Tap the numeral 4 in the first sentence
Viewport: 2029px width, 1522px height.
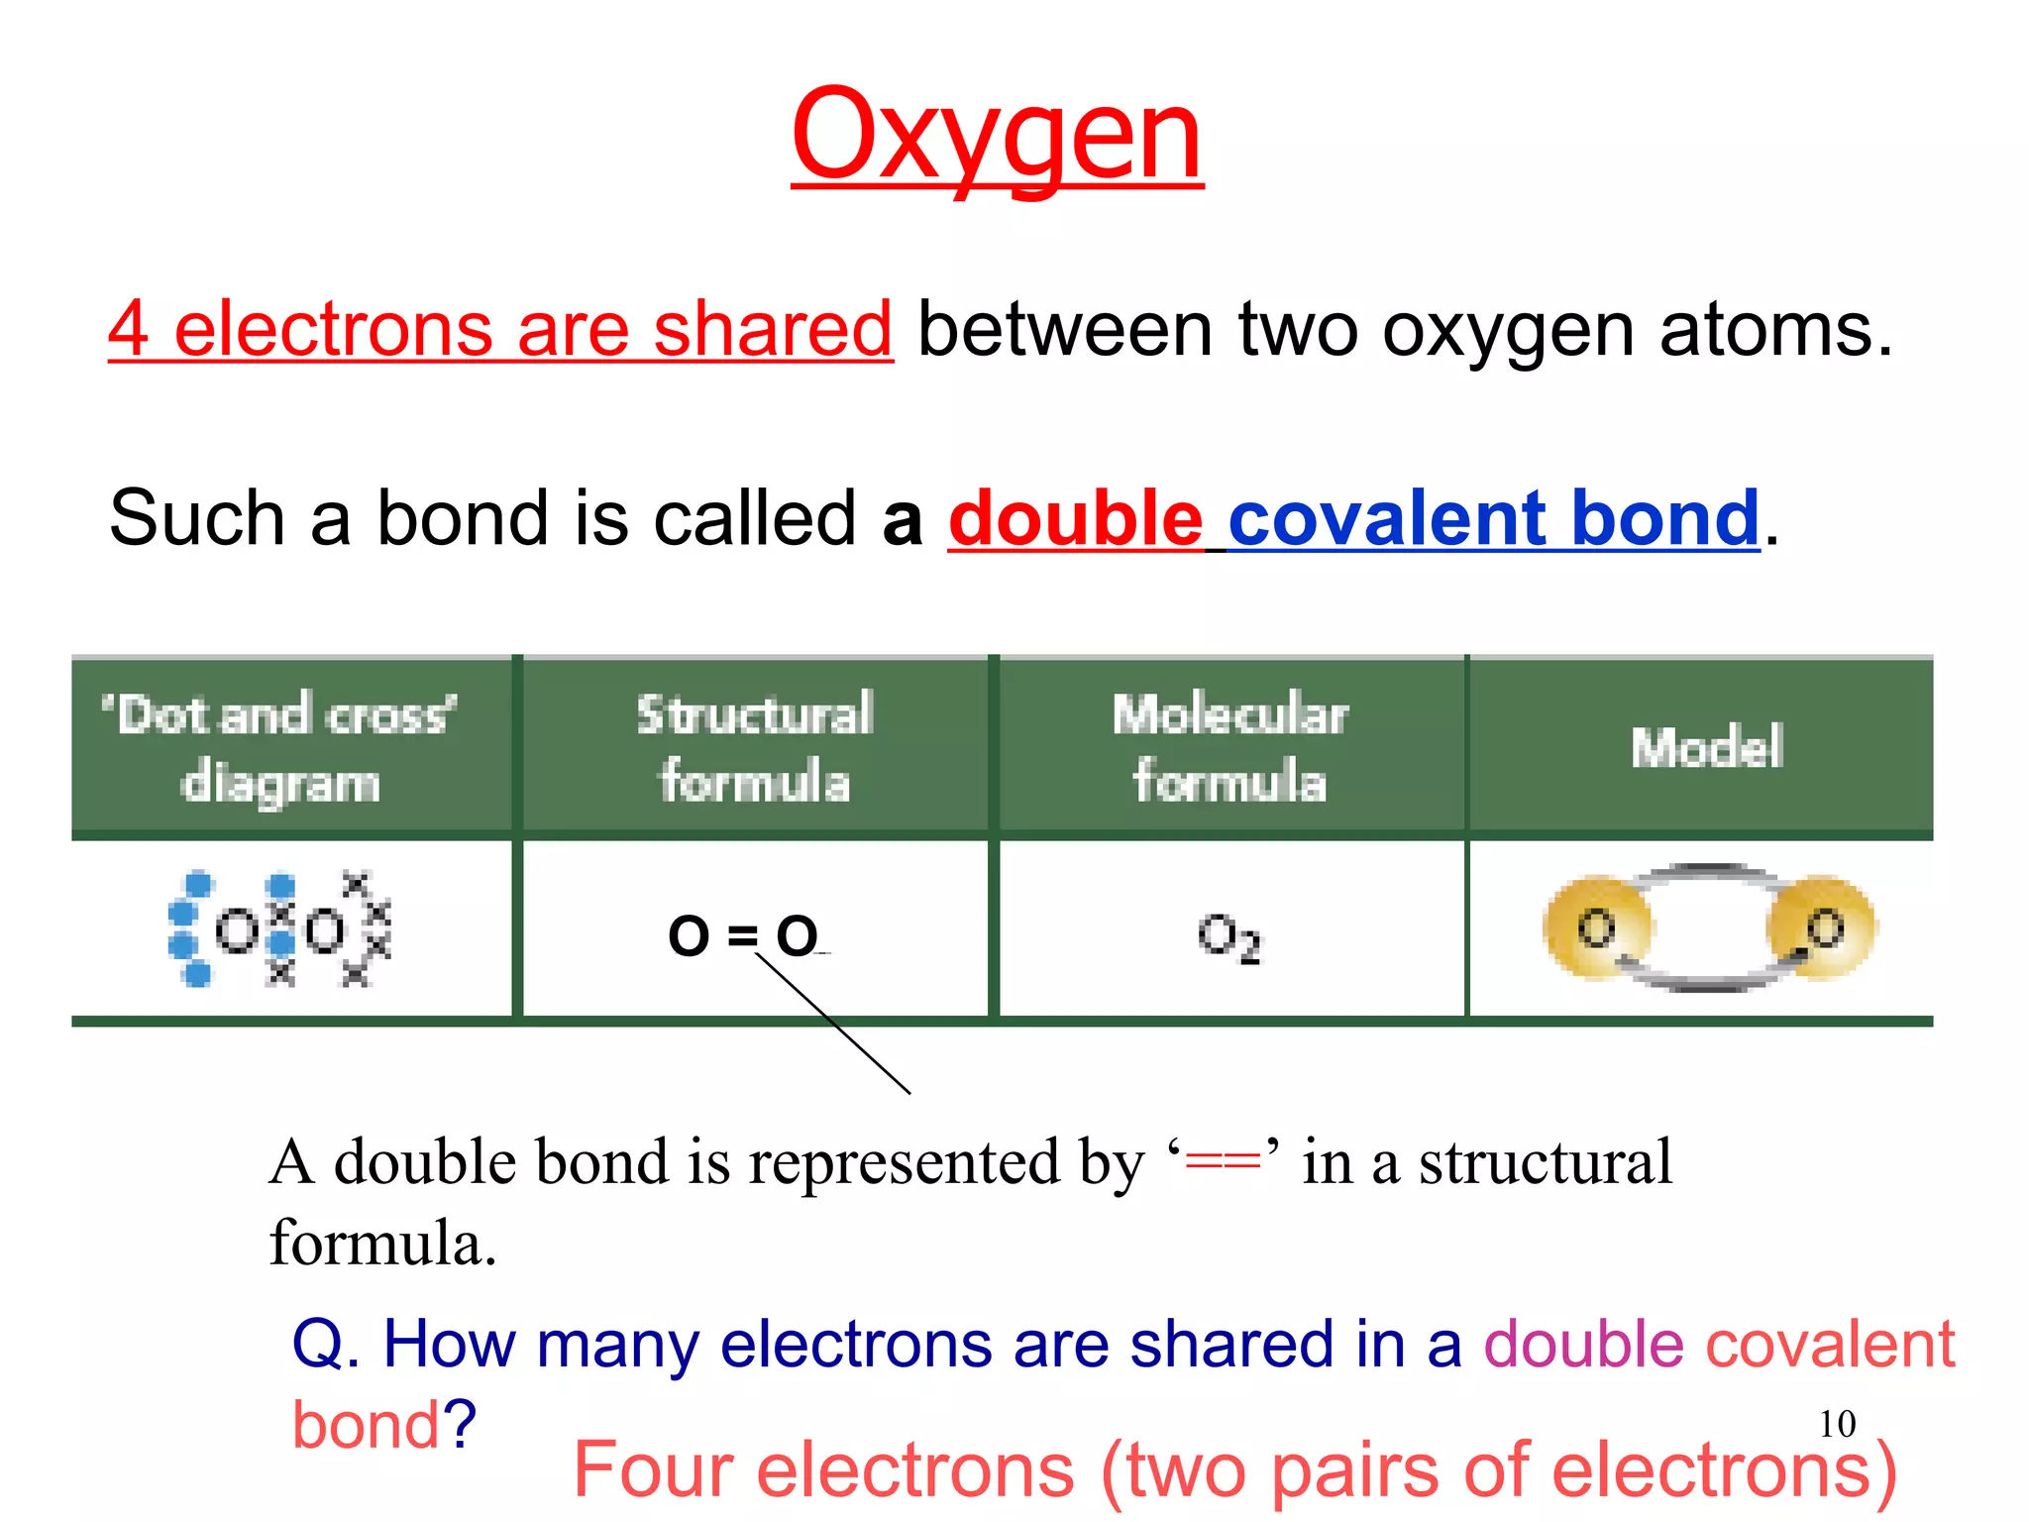click(x=129, y=329)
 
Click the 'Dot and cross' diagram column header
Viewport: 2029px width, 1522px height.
click(x=280, y=747)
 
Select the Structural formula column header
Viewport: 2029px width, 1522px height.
click(x=755, y=747)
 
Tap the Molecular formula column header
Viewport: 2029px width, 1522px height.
click(x=1229, y=747)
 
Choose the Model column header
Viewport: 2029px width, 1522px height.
click(x=1706, y=747)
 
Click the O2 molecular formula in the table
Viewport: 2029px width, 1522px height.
click(x=1228, y=936)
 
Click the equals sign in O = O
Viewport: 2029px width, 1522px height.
click(x=742, y=935)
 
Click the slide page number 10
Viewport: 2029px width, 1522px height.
click(x=1837, y=1424)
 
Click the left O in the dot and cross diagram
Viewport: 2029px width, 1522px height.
click(x=237, y=931)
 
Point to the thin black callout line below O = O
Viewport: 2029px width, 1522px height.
click(x=832, y=1023)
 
